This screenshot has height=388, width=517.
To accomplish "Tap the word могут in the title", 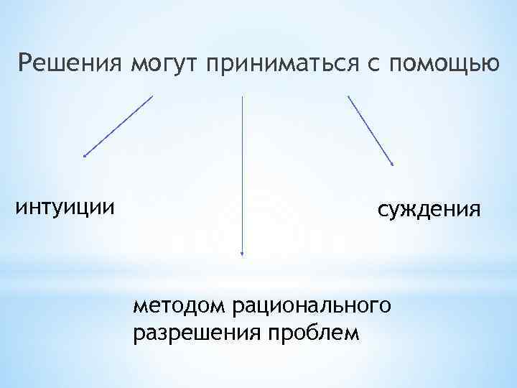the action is tap(164, 65).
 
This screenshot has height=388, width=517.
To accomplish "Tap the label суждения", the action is tap(429, 211).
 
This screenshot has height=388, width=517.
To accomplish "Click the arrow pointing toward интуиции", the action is tap(118, 126).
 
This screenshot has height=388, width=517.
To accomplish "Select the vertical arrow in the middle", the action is tap(242, 176).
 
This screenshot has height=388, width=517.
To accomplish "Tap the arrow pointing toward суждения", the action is tap(371, 131).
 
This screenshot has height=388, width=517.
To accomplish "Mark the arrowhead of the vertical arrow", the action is tap(242, 254).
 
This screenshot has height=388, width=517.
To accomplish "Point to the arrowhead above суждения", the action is tap(393, 166).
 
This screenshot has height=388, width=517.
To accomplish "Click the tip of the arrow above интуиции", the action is tap(84, 155).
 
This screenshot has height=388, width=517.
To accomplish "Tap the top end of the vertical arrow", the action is tap(242, 97).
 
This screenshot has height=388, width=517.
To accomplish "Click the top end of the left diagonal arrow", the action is tap(152, 96).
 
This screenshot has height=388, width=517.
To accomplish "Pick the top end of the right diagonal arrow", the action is tap(348, 96).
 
